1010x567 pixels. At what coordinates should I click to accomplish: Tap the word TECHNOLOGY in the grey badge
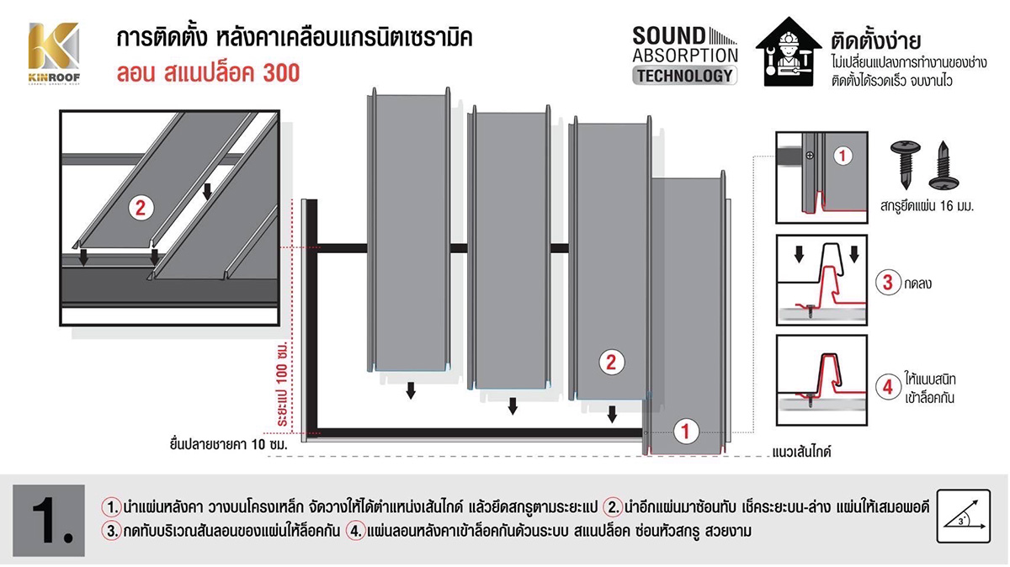[x=684, y=75]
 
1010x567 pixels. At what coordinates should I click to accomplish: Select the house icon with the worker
[x=788, y=53]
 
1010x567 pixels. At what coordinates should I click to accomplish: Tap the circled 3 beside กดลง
[x=888, y=283]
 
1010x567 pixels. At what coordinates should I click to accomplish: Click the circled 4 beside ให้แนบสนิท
[x=888, y=387]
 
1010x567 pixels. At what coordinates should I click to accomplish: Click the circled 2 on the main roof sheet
[x=612, y=363]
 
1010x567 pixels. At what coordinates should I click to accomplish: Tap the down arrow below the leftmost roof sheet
[x=411, y=390]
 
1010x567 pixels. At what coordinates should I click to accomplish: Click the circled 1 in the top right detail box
[x=844, y=155]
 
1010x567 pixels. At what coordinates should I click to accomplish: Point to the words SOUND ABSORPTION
[x=684, y=45]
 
